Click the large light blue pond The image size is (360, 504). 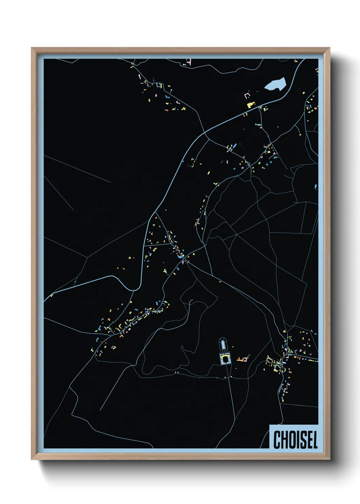275,84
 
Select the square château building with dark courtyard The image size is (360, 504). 225,359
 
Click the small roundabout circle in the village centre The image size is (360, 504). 184,260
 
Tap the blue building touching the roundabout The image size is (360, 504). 180,257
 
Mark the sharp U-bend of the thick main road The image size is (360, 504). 134,289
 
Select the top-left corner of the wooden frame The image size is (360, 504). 32,48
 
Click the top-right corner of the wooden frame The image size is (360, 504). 329,48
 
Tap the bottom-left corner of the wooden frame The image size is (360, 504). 32,459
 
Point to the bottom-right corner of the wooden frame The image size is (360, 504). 329,459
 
